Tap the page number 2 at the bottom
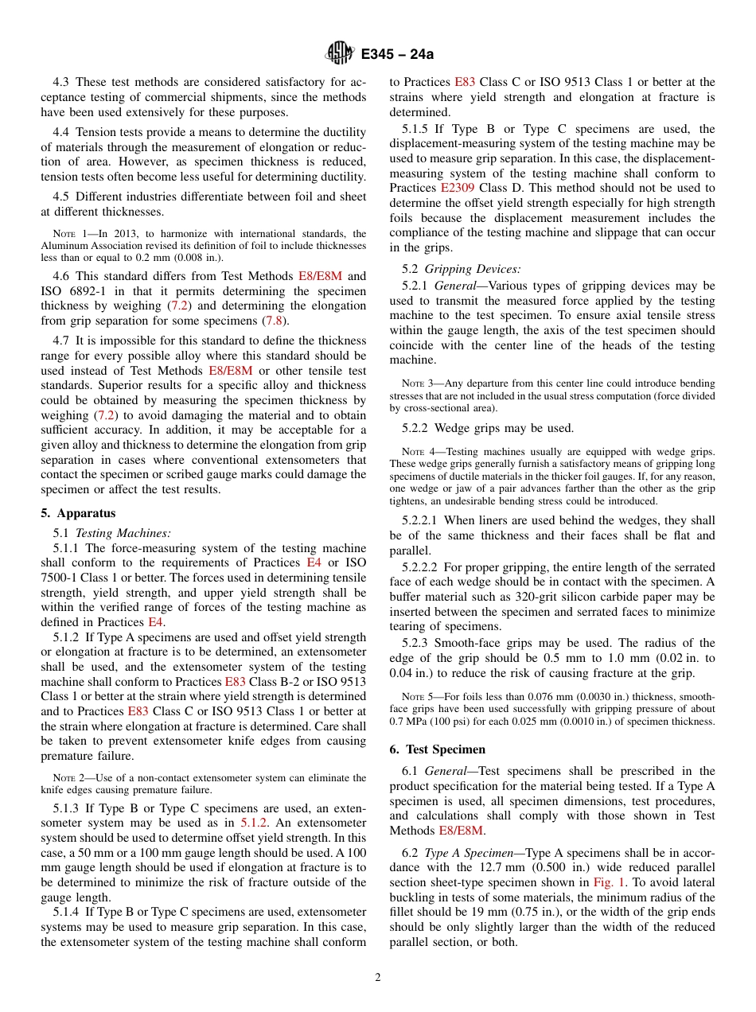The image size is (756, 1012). (x=378, y=978)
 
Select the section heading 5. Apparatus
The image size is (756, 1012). (x=78, y=513)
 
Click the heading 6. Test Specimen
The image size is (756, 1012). (x=437, y=749)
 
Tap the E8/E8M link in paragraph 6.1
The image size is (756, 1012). (x=461, y=831)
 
